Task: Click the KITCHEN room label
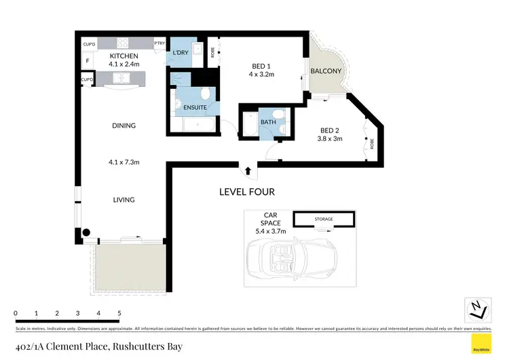point(124,56)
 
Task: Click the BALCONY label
point(326,71)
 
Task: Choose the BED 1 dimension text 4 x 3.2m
point(261,75)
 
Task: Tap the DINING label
point(124,126)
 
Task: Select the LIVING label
point(124,200)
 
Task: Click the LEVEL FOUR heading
point(246,192)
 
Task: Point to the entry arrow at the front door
point(247,170)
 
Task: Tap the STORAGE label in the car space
point(324,219)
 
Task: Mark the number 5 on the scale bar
point(119,313)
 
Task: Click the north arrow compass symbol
point(477,309)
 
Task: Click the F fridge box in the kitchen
point(87,60)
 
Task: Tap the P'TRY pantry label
point(160,43)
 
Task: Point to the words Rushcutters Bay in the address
point(143,346)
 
